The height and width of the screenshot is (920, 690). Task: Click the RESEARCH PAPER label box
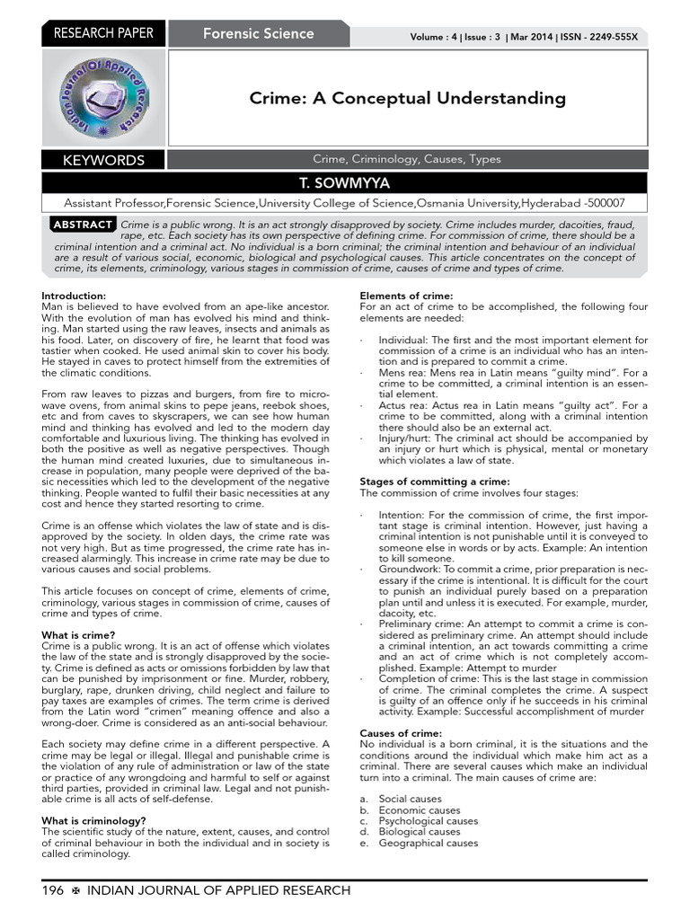104,34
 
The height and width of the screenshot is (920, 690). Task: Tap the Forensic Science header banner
258,34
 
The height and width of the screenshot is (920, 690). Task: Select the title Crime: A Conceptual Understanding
407,98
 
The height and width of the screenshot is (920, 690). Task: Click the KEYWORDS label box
103,160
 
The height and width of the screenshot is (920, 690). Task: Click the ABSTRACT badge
83,224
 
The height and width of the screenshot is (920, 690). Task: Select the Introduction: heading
74,296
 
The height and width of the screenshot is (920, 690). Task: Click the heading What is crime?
78,635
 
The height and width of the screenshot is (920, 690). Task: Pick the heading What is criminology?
94,820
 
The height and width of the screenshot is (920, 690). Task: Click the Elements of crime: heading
406,296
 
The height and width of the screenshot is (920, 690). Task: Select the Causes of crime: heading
401,733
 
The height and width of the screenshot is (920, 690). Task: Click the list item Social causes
410,799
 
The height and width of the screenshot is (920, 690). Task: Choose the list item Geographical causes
429,843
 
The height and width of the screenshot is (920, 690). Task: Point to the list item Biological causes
419,832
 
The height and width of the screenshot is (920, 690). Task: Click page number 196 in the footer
53,890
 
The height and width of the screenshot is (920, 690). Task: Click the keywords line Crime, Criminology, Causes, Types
407,159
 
